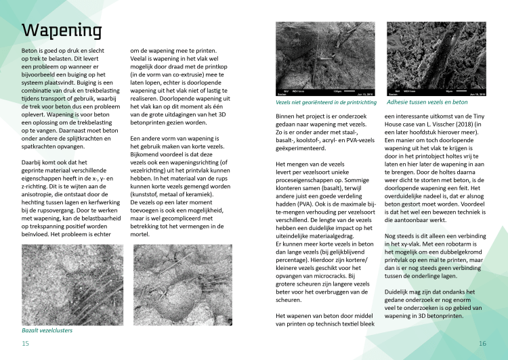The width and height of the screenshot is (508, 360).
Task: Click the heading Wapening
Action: click(62, 31)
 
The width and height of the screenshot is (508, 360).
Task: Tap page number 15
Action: click(25, 344)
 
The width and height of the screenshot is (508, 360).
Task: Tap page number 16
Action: click(482, 344)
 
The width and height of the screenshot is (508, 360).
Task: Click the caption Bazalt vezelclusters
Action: click(47, 330)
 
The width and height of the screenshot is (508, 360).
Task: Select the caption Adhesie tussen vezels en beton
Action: click(427, 102)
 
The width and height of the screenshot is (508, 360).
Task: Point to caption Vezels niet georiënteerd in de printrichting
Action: click(326, 103)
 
